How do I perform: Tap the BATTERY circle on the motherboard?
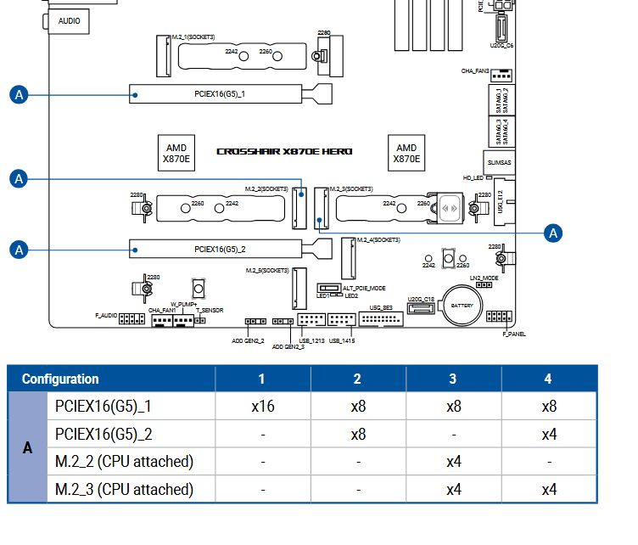coord(462,306)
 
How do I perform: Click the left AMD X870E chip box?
coord(176,153)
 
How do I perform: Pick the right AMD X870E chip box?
coord(406,153)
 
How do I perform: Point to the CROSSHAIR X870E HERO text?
coord(284,151)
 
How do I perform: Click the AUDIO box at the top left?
coord(70,20)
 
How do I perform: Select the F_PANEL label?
coord(513,334)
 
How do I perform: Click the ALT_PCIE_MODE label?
coord(364,288)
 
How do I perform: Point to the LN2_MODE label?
coord(484,278)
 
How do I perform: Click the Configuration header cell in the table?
coord(60,379)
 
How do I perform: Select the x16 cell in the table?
coord(261,407)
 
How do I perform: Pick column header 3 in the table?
coord(453,379)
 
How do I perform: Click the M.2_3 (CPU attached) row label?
coord(124,489)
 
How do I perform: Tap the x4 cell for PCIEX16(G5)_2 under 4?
coord(550,434)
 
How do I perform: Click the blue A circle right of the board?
coord(553,233)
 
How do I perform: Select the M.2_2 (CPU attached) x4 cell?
coord(453,462)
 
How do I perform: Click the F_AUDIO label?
coord(106,315)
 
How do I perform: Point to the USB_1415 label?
coord(341,340)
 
